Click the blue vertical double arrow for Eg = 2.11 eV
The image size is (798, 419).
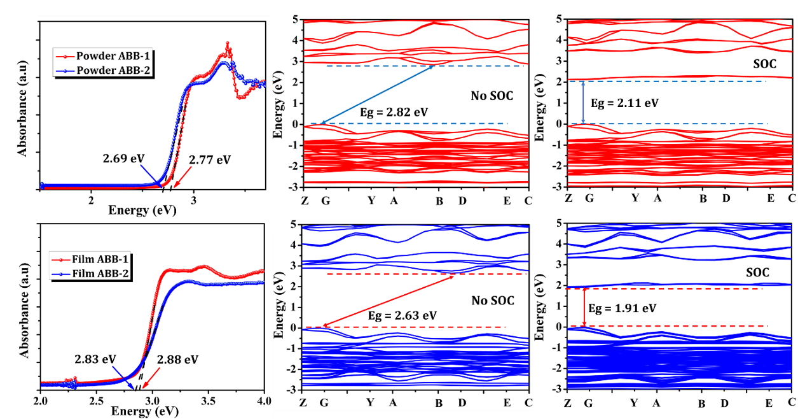(584, 103)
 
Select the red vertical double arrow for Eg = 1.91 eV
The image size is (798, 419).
(584, 308)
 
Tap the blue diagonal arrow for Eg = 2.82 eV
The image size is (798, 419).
(377, 94)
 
